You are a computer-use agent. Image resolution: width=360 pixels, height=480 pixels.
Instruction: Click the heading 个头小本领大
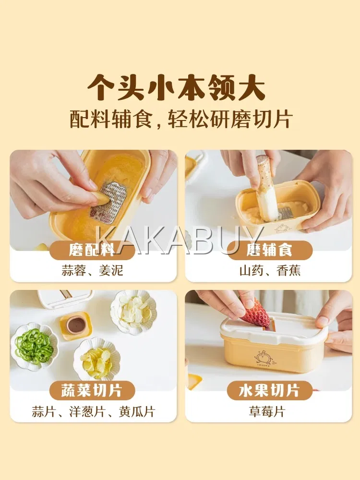pos(177,88)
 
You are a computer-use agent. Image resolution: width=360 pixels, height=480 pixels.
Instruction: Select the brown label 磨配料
pos(92,250)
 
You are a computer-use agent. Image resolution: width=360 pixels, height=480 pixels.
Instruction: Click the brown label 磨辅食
pos(269,250)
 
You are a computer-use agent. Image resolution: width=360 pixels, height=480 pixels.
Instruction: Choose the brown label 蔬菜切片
pos(92,390)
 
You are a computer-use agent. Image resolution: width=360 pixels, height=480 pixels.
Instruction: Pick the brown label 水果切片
pos(269,390)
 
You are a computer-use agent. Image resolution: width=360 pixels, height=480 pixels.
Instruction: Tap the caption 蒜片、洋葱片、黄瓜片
pos(94,411)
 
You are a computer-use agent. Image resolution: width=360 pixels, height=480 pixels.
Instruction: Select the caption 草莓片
pos(267,411)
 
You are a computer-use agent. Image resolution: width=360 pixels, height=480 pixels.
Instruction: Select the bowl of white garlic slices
pos(133,312)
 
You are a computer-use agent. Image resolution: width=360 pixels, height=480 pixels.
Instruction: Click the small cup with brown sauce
pos(76,325)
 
